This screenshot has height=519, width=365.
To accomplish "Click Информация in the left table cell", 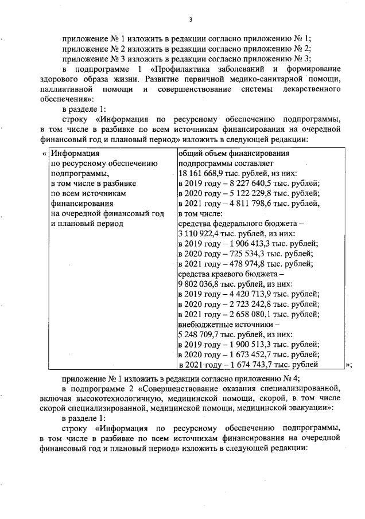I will pos(75,153).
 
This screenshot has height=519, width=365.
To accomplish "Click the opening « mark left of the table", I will pos(45,154).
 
